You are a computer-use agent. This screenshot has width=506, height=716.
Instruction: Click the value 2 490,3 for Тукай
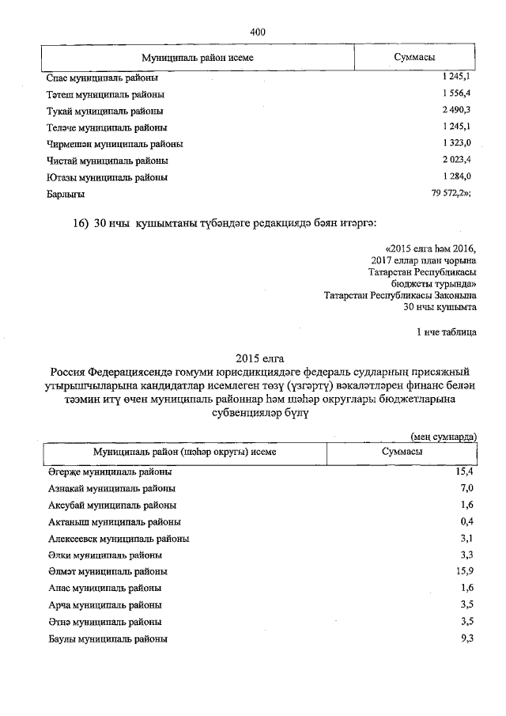(x=456, y=110)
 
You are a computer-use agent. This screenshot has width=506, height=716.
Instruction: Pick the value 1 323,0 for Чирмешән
(x=457, y=143)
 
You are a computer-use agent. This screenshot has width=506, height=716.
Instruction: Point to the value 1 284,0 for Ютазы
(x=457, y=176)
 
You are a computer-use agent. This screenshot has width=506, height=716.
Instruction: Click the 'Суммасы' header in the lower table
(x=395, y=451)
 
